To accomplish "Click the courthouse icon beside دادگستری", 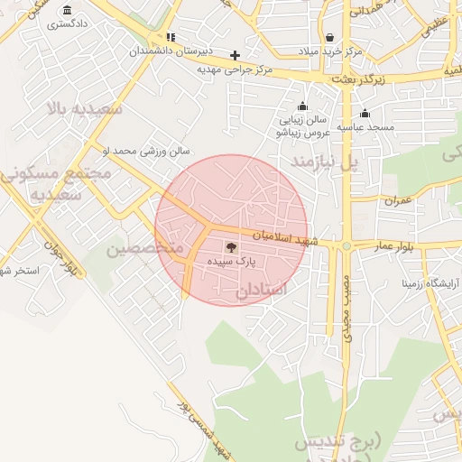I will pos(68,11).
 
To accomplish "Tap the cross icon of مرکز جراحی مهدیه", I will pos(235,55).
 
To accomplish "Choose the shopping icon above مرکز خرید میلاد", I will pos(330,38).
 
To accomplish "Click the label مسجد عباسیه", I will pos(366,127).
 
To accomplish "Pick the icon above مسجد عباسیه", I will pos(365,114).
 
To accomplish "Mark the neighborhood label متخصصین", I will pos(144,246).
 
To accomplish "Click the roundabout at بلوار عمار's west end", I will pos(346,245).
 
